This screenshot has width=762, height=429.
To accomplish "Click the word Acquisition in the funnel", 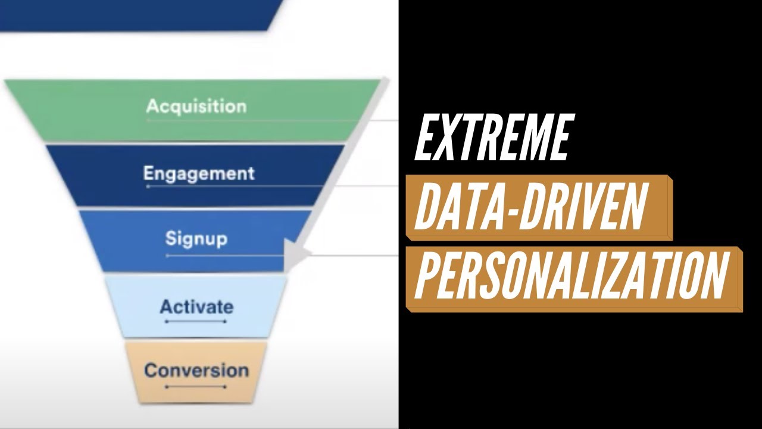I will point(196,107).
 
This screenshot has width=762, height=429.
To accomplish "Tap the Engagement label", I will point(199,173).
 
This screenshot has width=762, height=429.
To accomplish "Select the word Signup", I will point(196,239).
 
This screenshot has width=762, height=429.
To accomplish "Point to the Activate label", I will point(196,307).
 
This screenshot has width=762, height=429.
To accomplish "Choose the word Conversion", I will point(196,370).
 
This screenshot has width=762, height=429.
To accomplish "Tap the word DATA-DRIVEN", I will point(530,207).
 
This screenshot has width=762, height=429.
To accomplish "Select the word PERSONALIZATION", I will point(571,276).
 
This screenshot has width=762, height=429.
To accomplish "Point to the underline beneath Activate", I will point(196,322).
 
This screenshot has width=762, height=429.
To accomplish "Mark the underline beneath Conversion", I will point(196,387).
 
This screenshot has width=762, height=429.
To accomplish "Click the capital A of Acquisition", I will point(153,107).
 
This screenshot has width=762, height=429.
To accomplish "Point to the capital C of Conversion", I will point(151,370).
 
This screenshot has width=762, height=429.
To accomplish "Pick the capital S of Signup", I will point(171,238).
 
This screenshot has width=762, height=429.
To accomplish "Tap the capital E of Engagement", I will point(149,173).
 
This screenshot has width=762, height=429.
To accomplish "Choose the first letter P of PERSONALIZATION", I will point(426,276).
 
